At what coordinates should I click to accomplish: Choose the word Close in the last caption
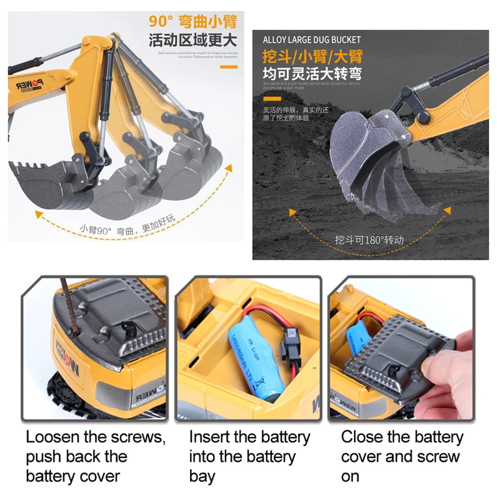[x=361, y=437]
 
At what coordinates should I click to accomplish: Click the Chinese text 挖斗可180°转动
[x=369, y=240]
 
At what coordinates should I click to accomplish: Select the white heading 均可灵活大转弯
[x=312, y=75]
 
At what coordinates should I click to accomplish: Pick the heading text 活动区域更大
[x=193, y=42]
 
